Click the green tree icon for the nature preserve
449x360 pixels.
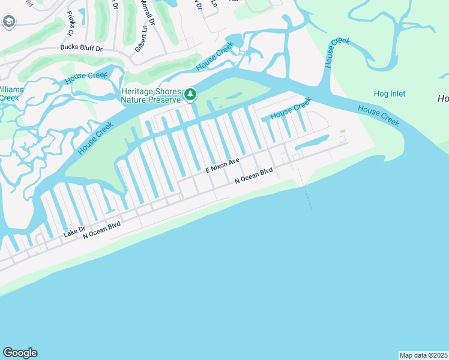point(190,94)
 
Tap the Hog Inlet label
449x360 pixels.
point(390,94)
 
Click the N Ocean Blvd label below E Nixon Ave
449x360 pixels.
point(253,175)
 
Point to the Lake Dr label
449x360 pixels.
point(75,229)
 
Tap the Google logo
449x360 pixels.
point(20,353)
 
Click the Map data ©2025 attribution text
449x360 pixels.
point(424,355)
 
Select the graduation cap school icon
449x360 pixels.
point(8,22)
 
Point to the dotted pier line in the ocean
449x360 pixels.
point(306,190)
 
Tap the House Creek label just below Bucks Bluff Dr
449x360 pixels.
point(86,76)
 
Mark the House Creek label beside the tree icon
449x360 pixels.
point(214,58)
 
